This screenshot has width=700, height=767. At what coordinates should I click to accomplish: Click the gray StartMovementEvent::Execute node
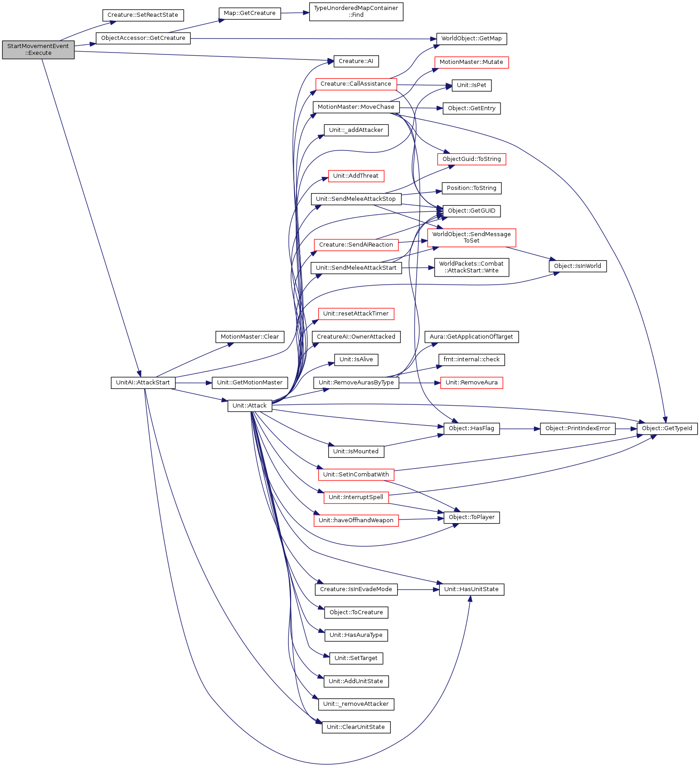38,49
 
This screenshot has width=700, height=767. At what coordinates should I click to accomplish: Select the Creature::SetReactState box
143,15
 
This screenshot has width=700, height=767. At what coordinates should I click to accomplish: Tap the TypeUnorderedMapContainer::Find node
356,11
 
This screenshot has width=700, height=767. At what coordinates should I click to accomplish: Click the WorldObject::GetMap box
472,39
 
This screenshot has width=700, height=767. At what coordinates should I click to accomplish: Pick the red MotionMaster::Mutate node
472,62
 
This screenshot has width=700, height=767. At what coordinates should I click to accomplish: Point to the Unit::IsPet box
472,85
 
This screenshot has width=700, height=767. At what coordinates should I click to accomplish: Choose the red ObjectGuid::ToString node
472,159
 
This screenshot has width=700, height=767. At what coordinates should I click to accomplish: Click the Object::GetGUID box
472,211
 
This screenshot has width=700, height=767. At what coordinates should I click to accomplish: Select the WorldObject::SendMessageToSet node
472,238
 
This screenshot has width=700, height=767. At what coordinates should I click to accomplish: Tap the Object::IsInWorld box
578,266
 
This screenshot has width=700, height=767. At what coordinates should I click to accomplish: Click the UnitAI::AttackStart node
143,383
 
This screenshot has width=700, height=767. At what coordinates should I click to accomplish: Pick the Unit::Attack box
250,406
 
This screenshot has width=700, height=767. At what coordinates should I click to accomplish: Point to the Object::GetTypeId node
667,428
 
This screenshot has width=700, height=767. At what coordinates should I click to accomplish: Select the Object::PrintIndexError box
578,428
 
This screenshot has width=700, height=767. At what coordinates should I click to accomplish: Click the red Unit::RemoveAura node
472,383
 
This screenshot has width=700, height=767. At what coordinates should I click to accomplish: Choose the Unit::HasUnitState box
472,589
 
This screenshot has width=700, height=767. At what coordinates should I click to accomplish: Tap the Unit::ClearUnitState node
356,727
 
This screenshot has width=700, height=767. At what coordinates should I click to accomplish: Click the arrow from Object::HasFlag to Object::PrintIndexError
520,428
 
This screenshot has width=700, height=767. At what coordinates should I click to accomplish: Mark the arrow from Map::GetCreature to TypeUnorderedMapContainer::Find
295,13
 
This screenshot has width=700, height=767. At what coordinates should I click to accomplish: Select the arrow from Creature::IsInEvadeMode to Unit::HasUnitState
418,589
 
